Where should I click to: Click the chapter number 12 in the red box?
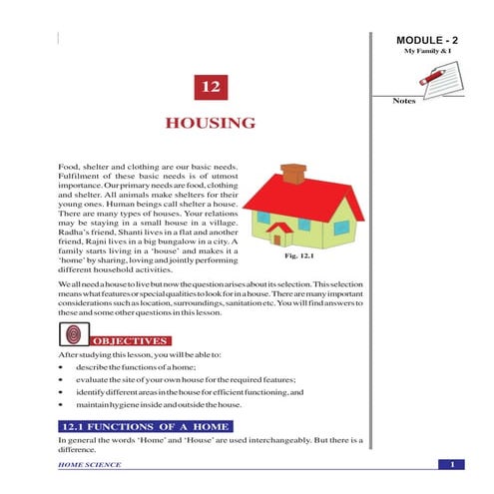click(210, 88)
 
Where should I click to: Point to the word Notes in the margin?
click(403, 101)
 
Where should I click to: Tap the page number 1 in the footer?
click(451, 465)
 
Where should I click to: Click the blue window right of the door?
click(340, 227)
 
